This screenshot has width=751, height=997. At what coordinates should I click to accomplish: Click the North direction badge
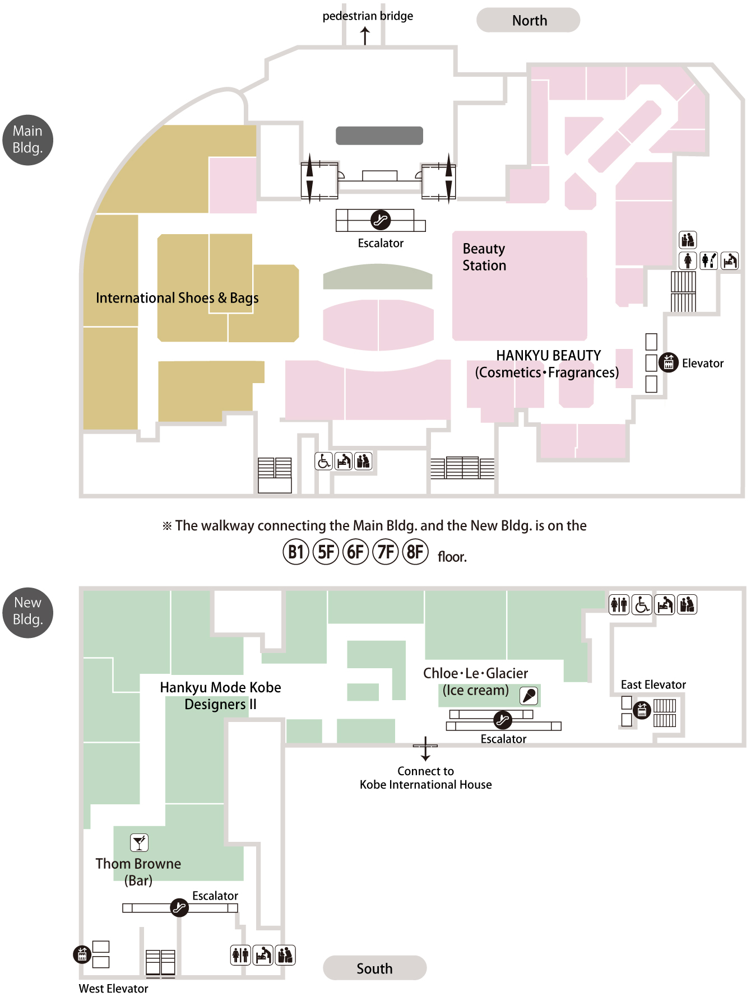pos(528,20)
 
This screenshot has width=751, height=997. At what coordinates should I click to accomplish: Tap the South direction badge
pos(374,968)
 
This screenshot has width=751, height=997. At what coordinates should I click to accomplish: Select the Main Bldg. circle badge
pos(28,140)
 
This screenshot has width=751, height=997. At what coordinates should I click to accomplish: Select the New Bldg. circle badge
pos(28,612)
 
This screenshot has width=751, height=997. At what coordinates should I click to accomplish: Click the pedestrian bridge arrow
pos(365,36)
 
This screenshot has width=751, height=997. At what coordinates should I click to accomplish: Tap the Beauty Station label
pos(484,257)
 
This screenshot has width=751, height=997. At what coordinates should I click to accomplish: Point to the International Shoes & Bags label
pos(177,297)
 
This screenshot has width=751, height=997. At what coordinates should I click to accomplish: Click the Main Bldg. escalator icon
pos(381,220)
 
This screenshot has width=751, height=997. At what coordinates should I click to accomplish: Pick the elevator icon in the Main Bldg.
pos(668,362)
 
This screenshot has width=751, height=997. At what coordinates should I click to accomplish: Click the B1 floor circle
pos(296,552)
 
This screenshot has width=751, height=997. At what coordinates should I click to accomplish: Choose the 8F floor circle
pos(415,552)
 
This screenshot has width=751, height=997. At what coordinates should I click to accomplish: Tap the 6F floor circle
pos(355,552)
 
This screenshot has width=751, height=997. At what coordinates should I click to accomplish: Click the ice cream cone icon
pos(529,696)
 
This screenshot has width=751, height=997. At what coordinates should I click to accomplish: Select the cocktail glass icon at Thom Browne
pos(140,842)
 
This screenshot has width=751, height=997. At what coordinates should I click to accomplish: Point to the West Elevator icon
pos(82,954)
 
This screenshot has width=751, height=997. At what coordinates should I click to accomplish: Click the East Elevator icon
pos(642,710)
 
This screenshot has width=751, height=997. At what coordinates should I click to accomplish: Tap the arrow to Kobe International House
pos(425,749)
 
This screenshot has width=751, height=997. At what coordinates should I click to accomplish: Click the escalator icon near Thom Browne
pos(179,907)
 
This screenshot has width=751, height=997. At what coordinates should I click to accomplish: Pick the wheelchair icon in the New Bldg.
pos(642,605)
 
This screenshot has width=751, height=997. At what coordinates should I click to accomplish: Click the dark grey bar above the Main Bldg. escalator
pos(379,136)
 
